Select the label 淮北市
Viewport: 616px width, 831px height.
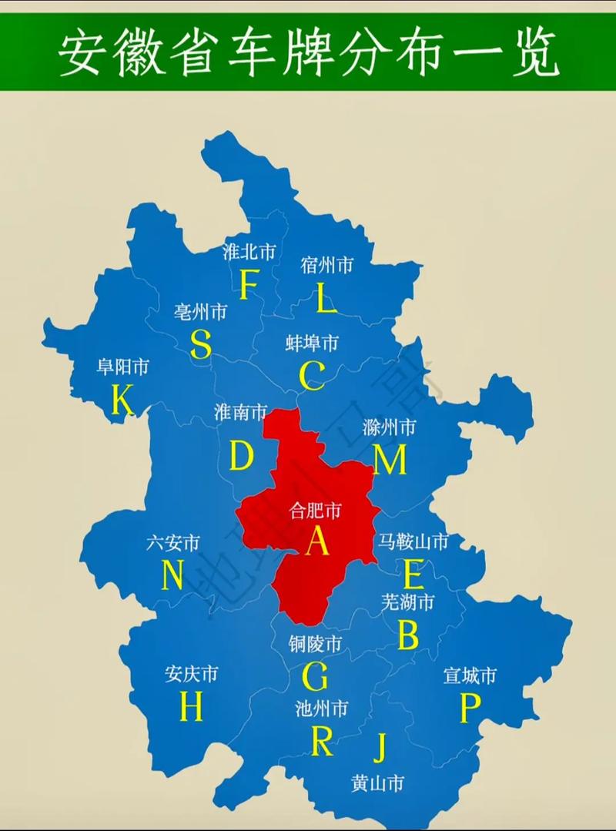click(249, 252)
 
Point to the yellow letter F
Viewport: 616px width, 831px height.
click(248, 285)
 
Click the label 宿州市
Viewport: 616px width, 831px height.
click(326, 266)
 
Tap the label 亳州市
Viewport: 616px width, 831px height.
click(200, 312)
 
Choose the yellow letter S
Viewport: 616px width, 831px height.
click(201, 344)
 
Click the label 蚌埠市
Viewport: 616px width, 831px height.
click(311, 343)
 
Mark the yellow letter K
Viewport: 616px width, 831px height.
click(122, 400)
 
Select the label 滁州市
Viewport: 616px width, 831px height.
click(390, 427)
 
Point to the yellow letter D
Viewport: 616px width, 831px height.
click(241, 456)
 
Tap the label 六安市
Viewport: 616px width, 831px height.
click(173, 543)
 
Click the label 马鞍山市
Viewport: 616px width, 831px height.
click(413, 542)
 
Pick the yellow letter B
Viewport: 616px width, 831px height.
click(408, 635)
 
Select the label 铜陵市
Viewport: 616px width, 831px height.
click(315, 643)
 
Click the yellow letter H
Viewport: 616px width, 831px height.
click(191, 706)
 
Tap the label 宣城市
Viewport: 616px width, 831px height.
click(470, 676)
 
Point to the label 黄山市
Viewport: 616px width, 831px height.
click(377, 784)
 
